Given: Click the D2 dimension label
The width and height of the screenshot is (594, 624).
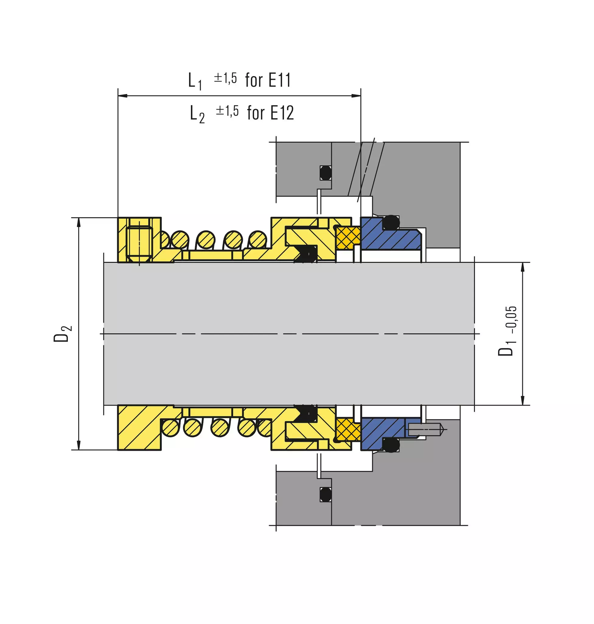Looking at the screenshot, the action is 62,334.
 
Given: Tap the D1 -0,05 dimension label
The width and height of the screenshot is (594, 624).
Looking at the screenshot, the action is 507,331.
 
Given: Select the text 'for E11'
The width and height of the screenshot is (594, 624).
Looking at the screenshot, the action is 268,80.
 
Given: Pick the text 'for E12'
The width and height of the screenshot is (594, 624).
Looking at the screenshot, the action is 271,113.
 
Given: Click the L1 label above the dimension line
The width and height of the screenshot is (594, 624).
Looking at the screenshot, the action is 195,81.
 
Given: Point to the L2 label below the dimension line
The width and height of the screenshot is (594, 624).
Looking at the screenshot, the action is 197,114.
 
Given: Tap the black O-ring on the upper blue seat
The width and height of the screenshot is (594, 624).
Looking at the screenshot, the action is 391,223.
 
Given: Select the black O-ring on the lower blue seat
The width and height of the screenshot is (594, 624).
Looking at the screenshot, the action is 391,445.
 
